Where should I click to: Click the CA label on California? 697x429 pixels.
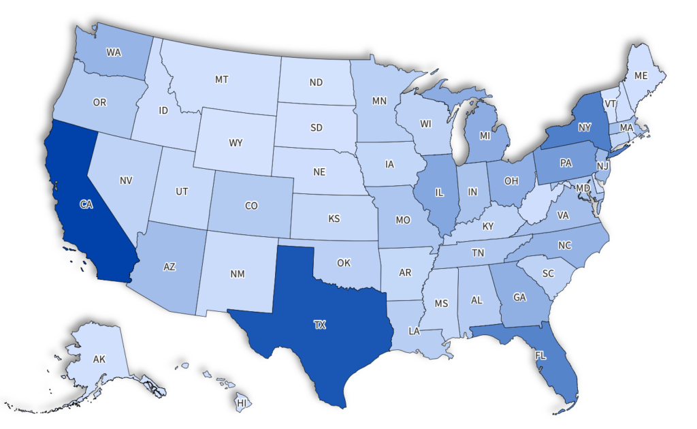pyautogui.click(x=86, y=204)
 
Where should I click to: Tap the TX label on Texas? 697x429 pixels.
pyautogui.click(x=320, y=325)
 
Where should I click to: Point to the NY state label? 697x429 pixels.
pyautogui.click(x=584, y=127)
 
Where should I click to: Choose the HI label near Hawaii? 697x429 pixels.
pyautogui.click(x=242, y=403)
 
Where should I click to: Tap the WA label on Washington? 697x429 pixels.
pyautogui.click(x=114, y=52)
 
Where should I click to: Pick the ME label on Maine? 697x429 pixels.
pyautogui.click(x=641, y=76)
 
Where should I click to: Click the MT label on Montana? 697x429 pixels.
pyautogui.click(x=221, y=80)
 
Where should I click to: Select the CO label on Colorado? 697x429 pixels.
pyautogui.click(x=251, y=205)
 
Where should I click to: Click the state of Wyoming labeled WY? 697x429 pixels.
pyautogui.click(x=236, y=143)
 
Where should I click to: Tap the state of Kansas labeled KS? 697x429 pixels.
pyautogui.click(x=334, y=219)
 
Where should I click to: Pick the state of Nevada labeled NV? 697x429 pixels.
pyautogui.click(x=125, y=180)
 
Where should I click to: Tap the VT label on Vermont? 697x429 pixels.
pyautogui.click(x=611, y=104)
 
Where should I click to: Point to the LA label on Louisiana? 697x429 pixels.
pyautogui.click(x=413, y=330)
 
